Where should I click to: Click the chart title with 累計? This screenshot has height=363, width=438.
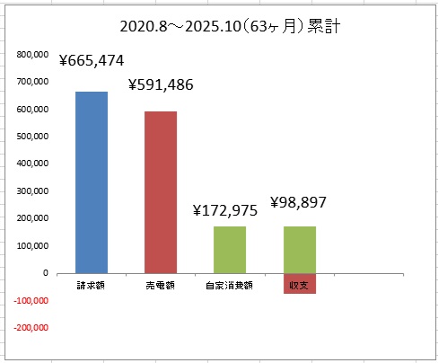pyautogui.click(x=230, y=26)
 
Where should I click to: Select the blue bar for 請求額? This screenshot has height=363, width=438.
pyautogui.click(x=92, y=182)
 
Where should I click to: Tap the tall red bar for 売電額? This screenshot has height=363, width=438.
pyautogui.click(x=161, y=192)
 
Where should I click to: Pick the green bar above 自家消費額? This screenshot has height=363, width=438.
pyautogui.click(x=230, y=250)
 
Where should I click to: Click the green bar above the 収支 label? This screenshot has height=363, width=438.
pyautogui.click(x=300, y=250)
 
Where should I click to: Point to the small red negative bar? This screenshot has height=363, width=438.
pyautogui.click(x=300, y=284)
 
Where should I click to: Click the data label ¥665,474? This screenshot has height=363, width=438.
pyautogui.click(x=92, y=60)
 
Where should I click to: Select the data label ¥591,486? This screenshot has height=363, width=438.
pyautogui.click(x=161, y=84)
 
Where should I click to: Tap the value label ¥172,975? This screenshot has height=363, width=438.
pyautogui.click(x=225, y=210)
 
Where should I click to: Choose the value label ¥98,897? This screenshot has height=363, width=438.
pyautogui.click(x=298, y=202)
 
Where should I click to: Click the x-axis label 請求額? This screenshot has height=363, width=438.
pyautogui.click(x=91, y=286)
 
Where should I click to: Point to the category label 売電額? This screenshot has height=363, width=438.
pyautogui.click(x=161, y=286)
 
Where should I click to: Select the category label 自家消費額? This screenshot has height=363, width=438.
pyautogui.click(x=229, y=286)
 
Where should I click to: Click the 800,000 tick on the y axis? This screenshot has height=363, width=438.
pyautogui.click(x=32, y=55)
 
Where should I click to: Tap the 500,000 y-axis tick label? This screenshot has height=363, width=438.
pyautogui.click(x=32, y=137)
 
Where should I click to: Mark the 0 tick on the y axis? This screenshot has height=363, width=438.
pyautogui.click(x=46, y=273)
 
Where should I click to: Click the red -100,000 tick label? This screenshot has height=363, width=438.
pyautogui.click(x=31, y=300)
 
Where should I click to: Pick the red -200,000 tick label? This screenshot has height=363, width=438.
pyautogui.click(x=31, y=328)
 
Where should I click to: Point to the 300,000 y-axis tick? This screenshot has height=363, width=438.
pyautogui.click(x=32, y=191)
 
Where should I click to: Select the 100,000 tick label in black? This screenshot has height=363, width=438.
pyautogui.click(x=32, y=245)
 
